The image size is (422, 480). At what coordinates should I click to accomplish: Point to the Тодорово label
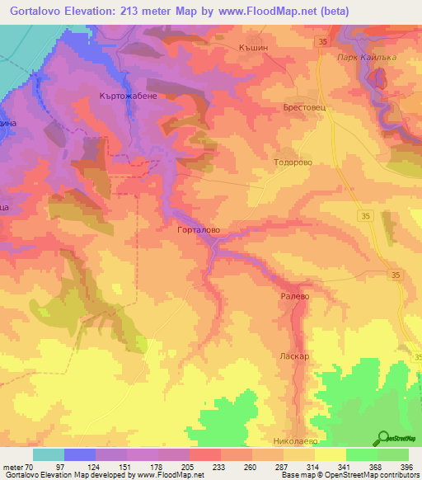[x=293, y=163]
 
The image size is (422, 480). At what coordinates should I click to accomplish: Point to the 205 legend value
[x=190, y=466]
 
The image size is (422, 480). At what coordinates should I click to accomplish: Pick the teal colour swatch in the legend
[x=49, y=454]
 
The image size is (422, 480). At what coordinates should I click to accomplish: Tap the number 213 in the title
[x=150, y=12]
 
